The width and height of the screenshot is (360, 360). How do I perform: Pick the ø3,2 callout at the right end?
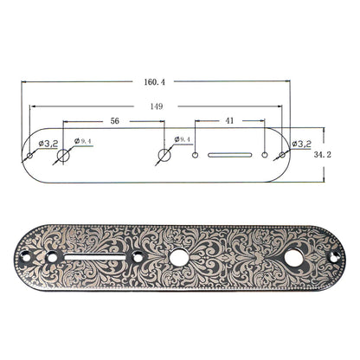(x=302, y=143)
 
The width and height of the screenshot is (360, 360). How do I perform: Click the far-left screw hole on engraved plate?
(x=26, y=256)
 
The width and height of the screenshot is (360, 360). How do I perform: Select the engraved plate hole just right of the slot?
(x=138, y=256)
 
